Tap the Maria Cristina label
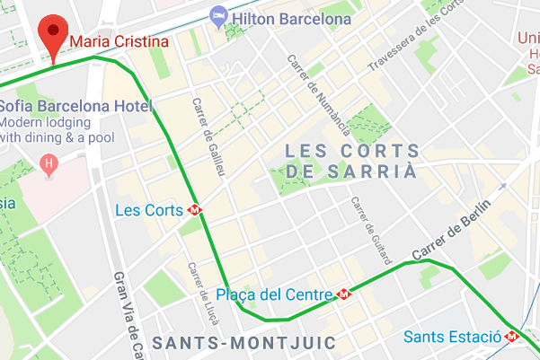click(120, 41)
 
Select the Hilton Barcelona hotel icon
click(218, 15)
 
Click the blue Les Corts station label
click(149, 210)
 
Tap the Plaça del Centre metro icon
click(344, 294)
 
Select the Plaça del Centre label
click(275, 294)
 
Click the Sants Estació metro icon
click(511, 337)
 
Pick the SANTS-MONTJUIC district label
click(243, 343)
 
